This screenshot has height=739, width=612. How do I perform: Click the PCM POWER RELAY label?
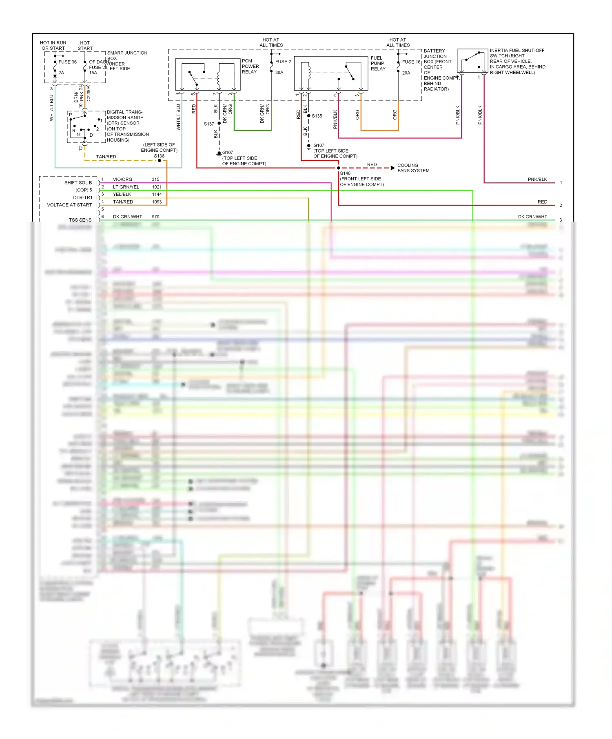pos(250,66)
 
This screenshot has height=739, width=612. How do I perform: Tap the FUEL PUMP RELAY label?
pos(378,63)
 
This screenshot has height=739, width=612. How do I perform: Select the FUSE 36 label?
pos(67,62)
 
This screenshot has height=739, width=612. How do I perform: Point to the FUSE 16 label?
pos(411,62)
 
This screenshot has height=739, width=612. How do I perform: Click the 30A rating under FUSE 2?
pos(279,73)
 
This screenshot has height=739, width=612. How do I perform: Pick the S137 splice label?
pos(209,124)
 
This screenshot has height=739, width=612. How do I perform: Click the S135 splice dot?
pos(308,116)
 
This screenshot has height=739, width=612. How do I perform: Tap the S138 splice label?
pos(159,156)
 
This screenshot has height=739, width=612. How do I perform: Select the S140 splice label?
pos(345,173)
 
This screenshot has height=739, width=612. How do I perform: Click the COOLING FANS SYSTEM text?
pos(413,168)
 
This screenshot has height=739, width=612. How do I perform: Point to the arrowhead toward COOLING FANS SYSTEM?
pos(392,168)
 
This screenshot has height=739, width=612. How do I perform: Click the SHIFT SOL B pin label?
pos(78,183)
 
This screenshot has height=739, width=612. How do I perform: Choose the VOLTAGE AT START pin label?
pos(69,205)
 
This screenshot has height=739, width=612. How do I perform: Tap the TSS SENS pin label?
pos(80,220)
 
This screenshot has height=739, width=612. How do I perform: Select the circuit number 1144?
pos(157,194)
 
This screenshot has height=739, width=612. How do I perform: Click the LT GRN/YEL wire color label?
pos(126,187)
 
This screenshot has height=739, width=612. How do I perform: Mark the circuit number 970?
pos(155,217)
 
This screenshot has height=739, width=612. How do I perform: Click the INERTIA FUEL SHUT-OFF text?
pos(517,51)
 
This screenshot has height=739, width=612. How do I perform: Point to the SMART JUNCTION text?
pos(127,53)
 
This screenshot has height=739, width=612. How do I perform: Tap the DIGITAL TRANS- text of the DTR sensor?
pos(124,112)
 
